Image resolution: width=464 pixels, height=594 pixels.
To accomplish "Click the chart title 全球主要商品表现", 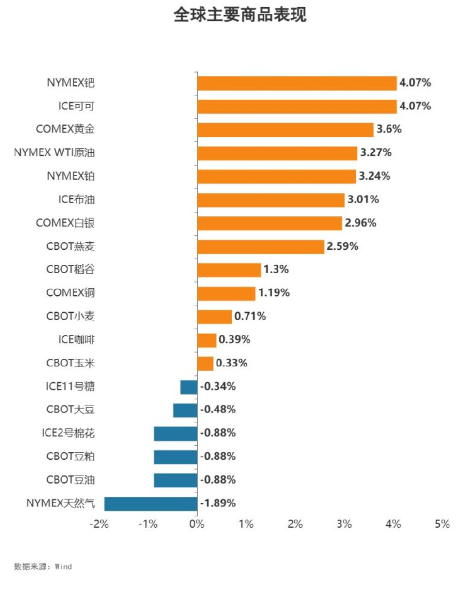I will pyautogui.click(x=240, y=15).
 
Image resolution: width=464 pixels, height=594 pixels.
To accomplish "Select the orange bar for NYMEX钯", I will pyautogui.click(x=296, y=83).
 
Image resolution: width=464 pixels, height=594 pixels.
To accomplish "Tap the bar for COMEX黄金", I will pyautogui.click(x=285, y=130).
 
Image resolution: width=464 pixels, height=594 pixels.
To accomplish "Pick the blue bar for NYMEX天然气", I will pyautogui.click(x=151, y=503).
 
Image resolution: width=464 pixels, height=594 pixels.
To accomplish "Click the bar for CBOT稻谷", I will pyautogui.click(x=229, y=270).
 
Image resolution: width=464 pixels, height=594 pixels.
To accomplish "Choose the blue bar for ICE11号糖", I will pyautogui.click(x=188, y=387).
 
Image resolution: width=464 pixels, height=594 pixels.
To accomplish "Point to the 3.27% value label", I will pyautogui.click(x=376, y=153).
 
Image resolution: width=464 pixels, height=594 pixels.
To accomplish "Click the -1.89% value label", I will pyautogui.click(x=218, y=503).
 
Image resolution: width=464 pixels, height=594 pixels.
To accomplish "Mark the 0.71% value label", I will pyautogui.click(x=250, y=317).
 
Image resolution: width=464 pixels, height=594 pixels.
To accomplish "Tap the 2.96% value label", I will pyautogui.click(x=360, y=223).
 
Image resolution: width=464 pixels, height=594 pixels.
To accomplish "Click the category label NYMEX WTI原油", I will pyautogui.click(x=54, y=153).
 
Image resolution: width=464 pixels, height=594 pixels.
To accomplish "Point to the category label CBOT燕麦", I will pyautogui.click(x=71, y=246).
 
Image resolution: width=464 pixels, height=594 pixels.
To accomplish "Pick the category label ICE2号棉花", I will pyautogui.click(x=68, y=433).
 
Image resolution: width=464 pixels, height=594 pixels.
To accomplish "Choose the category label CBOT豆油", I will pyautogui.click(x=71, y=480).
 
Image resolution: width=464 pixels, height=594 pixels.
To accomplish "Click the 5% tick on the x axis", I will pyautogui.click(x=442, y=524).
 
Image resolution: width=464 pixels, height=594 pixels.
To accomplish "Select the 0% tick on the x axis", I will pyautogui.click(x=197, y=524).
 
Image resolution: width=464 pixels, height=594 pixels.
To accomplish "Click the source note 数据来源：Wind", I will pyautogui.click(x=43, y=566).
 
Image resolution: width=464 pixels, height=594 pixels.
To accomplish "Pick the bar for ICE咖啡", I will pyautogui.click(x=206, y=340).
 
